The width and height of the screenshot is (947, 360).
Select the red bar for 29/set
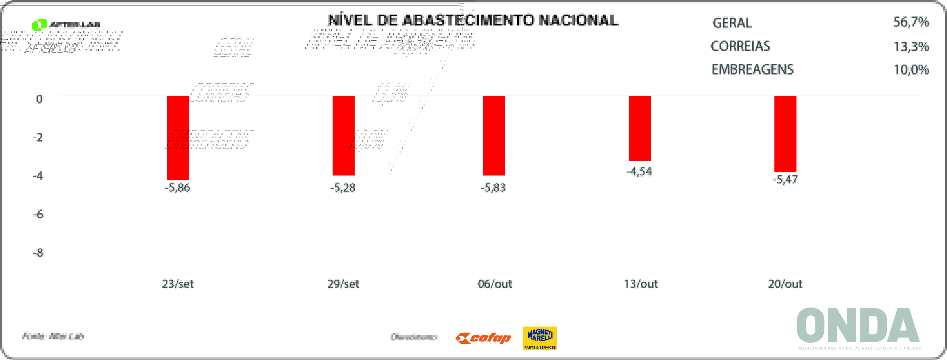pos(343,135)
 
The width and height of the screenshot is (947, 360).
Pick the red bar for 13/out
pos(640,128)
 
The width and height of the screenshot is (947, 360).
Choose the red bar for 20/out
pos(785,134)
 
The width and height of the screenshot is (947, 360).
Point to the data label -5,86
pos(177,188)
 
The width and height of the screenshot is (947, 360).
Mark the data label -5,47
pos(785,180)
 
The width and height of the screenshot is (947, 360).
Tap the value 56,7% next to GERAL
pos(911,23)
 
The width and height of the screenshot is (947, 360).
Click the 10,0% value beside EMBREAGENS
pos(911,69)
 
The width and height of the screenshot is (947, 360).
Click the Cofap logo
pos(483,338)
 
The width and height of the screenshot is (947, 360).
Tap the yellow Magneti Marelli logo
pos(540,338)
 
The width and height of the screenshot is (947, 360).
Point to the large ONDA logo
pos(858,325)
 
